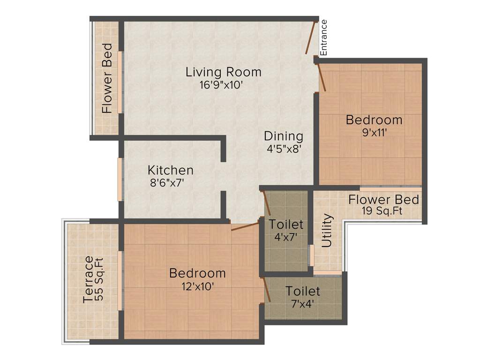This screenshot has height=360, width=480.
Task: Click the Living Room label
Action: tap(223, 72)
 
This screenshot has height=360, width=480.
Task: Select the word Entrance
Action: tap(323, 37)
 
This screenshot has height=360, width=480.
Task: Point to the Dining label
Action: tap(284, 136)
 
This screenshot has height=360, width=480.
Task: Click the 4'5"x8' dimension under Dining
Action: tap(284, 149)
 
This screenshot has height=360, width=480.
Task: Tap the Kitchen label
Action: tap(170, 170)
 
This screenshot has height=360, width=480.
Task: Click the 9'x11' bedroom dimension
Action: tap(374, 132)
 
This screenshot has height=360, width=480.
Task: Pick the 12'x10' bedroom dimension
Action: tap(197, 285)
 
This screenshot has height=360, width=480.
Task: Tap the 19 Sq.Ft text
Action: tap(382, 211)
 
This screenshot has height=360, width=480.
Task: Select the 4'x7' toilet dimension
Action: tap(286, 237)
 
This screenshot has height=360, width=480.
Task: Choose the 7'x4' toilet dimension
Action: tap(303, 303)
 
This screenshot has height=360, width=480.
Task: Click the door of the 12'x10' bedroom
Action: tap(245, 227)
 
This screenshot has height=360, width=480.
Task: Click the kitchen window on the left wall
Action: tap(120, 180)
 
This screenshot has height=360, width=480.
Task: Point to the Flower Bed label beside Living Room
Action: tap(107, 78)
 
